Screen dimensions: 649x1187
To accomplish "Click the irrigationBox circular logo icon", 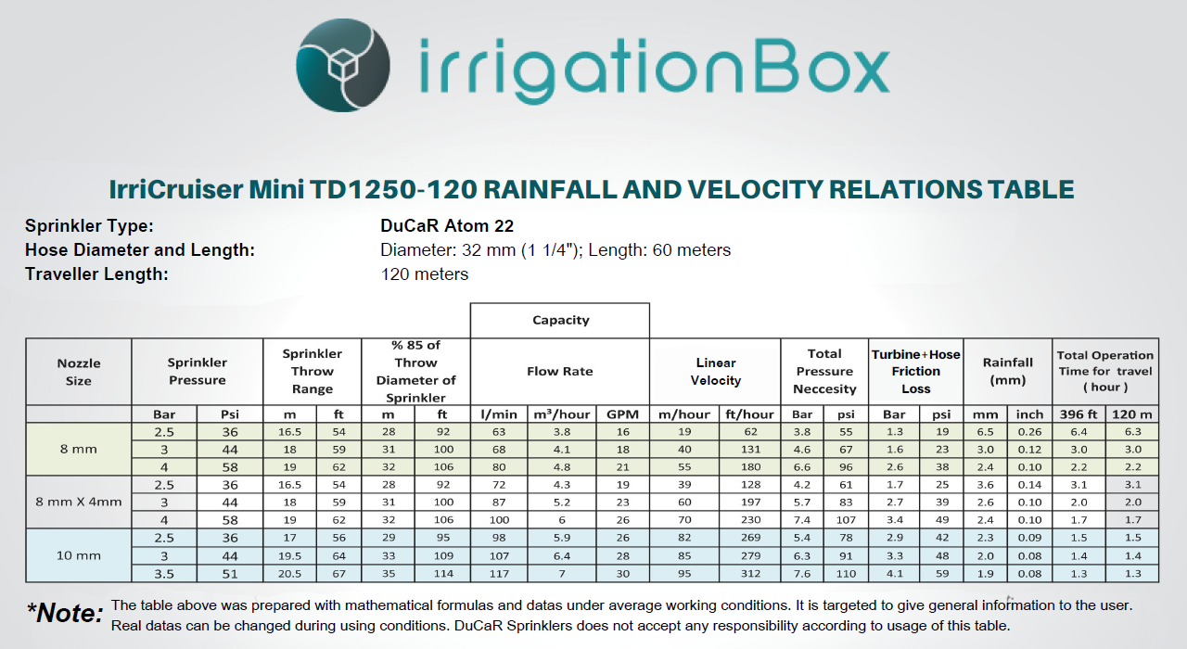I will tap(342, 67).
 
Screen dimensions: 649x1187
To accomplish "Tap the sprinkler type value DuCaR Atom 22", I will tap(447, 225).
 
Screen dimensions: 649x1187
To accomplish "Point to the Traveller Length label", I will tap(96, 274).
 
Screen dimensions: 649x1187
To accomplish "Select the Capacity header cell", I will tap(560, 320).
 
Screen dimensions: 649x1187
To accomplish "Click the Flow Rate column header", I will tap(560, 371).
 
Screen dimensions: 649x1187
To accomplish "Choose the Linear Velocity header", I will tap(715, 371).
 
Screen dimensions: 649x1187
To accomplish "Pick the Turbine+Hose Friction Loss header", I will tap(915, 371).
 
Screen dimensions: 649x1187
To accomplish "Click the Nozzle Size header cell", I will tap(79, 371).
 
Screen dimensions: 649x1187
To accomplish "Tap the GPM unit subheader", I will tap(621, 414).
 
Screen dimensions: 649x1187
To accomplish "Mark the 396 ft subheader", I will tap(1079, 414).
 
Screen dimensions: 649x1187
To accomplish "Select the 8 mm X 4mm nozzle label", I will tap(79, 503).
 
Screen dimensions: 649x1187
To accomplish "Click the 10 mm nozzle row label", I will tap(79, 555).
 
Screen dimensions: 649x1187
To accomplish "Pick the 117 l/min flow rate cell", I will tap(499, 573).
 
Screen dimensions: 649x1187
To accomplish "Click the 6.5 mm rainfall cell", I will tap(985, 432).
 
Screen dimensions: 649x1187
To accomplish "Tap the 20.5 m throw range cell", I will tap(291, 573).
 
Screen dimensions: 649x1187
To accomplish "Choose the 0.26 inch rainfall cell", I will tap(1028, 432).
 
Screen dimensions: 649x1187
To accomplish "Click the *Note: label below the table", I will tap(65, 613).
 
